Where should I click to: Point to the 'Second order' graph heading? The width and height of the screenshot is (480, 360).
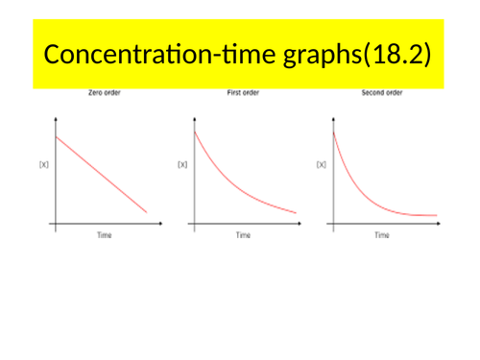click(x=382, y=94)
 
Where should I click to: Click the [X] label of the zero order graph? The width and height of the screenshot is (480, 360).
click(x=43, y=164)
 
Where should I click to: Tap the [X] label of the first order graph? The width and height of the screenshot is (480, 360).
click(x=182, y=164)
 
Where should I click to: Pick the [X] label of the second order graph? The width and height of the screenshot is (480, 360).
click(x=321, y=164)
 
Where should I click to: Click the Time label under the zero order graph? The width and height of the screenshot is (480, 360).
click(x=104, y=235)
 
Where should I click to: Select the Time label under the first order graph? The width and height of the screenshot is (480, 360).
click(x=244, y=235)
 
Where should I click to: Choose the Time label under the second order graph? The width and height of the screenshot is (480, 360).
click(x=381, y=235)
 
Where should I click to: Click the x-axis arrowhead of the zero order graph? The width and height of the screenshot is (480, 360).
click(x=159, y=224)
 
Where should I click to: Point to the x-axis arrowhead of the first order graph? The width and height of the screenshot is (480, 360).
click(x=299, y=224)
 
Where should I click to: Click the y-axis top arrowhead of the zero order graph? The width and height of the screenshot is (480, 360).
click(x=56, y=119)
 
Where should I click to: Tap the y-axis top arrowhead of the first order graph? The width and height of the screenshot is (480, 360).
click(x=195, y=119)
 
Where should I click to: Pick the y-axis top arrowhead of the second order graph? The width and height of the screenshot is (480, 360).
click(x=333, y=119)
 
